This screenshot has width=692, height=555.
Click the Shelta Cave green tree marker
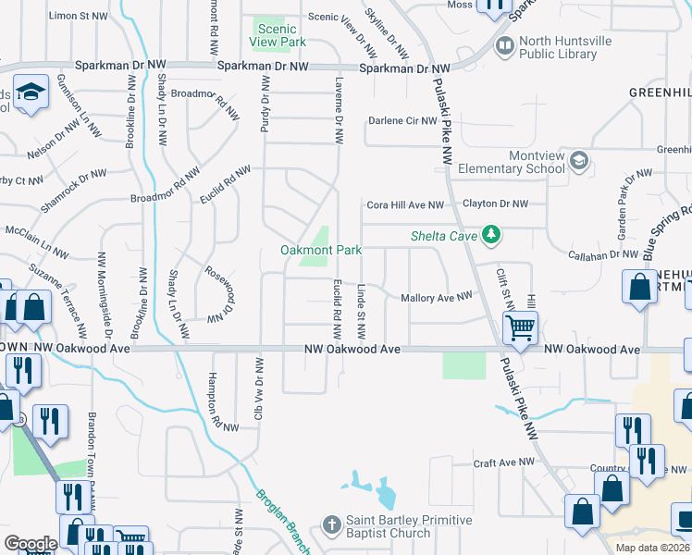point(492,237)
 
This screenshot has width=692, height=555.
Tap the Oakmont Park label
point(321,251)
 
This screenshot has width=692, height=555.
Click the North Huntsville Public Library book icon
point(505,44)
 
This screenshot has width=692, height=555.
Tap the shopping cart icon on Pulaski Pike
point(521,327)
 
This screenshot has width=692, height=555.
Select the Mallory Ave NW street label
point(437,297)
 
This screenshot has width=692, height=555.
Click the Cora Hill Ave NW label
point(405,204)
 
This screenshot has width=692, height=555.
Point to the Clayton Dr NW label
point(495,203)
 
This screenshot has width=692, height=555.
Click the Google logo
point(30,544)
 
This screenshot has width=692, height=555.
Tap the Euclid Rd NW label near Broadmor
point(226,185)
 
